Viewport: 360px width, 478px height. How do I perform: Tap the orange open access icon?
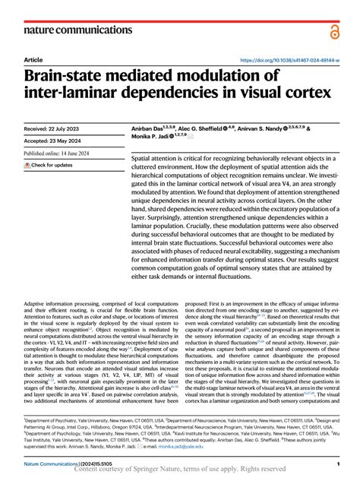pos(335,30)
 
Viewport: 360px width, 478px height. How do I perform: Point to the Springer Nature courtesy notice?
pos(180,471)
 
